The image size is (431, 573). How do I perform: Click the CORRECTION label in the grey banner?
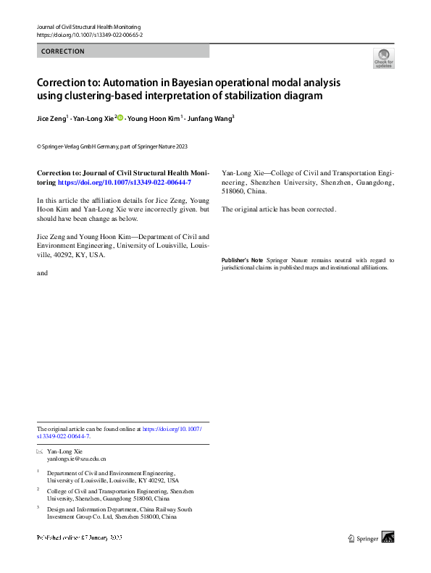click(63, 51)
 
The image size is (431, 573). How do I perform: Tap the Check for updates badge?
click(383, 59)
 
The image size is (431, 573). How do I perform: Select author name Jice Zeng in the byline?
click(51, 118)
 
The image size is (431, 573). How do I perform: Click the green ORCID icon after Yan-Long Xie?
click(120, 117)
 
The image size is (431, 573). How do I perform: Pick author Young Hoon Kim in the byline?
click(153, 118)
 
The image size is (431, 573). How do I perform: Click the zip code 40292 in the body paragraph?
click(79, 255)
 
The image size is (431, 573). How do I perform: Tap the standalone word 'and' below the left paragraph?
click(42, 273)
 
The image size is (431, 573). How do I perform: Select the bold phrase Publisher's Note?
click(242, 260)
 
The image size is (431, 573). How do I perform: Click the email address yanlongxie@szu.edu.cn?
click(76, 459)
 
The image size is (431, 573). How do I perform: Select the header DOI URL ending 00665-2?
click(89, 35)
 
